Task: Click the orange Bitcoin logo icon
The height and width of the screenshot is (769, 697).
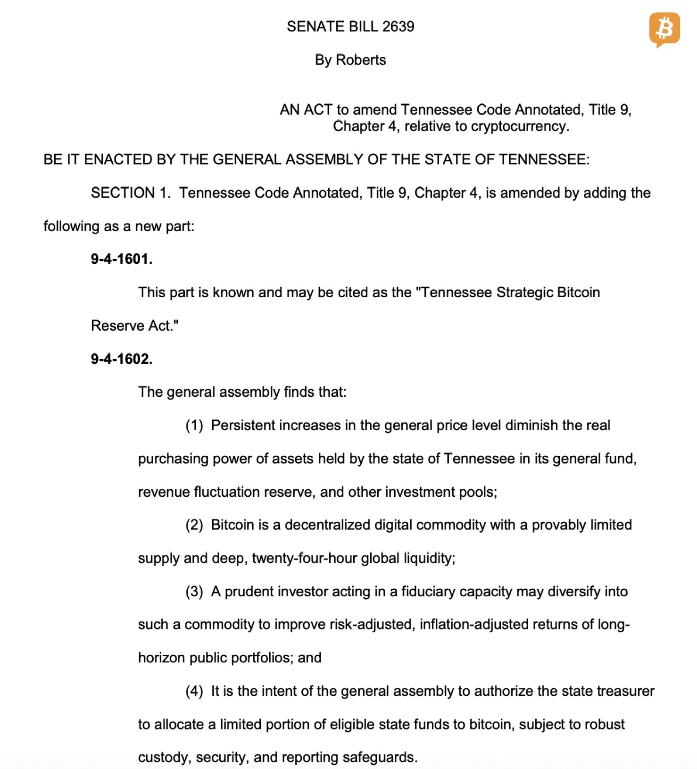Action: (x=664, y=29)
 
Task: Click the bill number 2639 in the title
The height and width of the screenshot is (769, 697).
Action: (x=398, y=26)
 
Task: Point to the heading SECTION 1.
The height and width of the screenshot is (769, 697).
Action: (x=130, y=193)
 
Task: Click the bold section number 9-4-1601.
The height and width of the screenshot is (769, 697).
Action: (x=122, y=259)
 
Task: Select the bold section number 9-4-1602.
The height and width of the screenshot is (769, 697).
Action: (x=122, y=359)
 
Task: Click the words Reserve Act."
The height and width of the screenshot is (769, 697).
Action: (x=135, y=326)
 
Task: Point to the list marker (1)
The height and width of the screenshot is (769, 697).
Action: (x=194, y=426)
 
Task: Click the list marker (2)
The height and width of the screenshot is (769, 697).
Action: (x=194, y=525)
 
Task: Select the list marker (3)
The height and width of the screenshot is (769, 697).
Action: (x=194, y=592)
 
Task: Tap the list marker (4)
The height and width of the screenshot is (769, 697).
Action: (x=194, y=691)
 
